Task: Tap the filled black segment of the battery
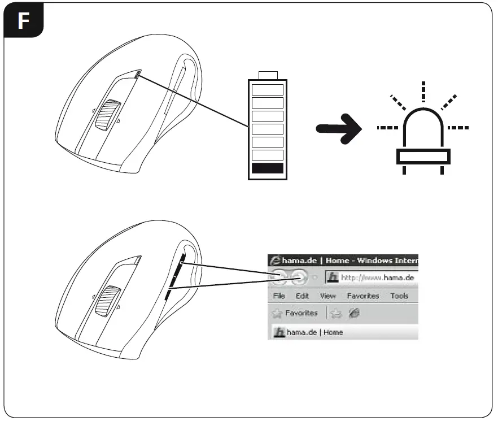[x=267, y=168]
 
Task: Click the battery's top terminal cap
[x=267, y=76]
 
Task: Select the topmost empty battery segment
[x=267, y=89]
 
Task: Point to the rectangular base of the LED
[x=423, y=156]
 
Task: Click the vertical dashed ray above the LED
[x=423, y=90]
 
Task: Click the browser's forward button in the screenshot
[x=299, y=277]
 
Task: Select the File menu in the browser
[x=279, y=296]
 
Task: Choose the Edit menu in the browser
[x=302, y=296]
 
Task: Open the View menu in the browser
[x=327, y=296]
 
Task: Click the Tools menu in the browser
[x=399, y=296]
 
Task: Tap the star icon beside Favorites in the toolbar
[x=277, y=313]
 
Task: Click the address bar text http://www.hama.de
[x=378, y=277]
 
